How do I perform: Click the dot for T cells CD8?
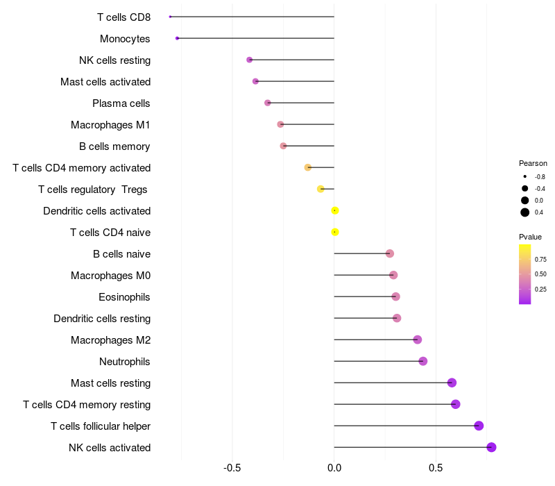170,17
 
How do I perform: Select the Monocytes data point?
177,38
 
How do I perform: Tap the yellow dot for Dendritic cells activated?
335,210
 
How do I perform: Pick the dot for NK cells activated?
491,447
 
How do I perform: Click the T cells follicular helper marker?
479,426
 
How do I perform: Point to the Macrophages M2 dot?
418,340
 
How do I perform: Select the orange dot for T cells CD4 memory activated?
308,167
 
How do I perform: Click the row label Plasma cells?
121,103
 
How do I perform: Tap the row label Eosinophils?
124,297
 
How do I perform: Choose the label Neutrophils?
125,362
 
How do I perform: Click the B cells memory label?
114,146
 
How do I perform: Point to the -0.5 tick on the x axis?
232,468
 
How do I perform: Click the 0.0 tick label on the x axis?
334,468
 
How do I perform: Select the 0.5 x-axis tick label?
436,468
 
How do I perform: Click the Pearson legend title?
533,163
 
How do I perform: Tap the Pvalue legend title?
530,237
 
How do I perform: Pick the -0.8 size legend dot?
525,176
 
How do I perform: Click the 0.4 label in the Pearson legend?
539,212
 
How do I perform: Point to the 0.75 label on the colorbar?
540,259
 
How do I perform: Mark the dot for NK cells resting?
250,60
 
